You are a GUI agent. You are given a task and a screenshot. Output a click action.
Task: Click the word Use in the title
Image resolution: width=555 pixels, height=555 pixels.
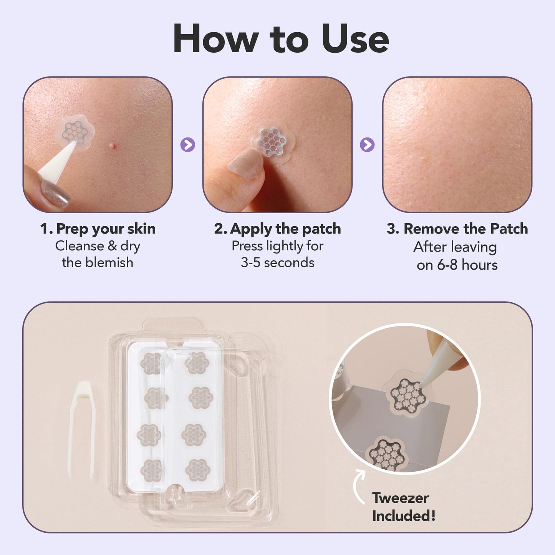355,39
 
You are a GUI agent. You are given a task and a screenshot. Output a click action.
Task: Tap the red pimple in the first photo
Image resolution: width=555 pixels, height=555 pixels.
113,146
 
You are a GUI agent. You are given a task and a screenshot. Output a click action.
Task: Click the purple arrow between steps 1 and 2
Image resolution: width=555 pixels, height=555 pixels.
187,145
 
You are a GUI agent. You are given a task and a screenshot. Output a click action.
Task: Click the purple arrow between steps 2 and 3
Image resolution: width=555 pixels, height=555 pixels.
367,145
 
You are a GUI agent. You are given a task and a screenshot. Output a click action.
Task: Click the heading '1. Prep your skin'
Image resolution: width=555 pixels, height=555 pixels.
98,229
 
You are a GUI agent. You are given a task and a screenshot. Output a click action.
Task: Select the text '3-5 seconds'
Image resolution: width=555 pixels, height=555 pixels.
277,263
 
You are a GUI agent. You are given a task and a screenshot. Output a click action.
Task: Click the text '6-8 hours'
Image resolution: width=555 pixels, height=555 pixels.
467,265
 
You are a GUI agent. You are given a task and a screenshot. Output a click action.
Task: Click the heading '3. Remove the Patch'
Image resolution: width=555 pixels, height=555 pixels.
457,229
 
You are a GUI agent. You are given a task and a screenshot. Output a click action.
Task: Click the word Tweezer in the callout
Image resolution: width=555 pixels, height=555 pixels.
400,498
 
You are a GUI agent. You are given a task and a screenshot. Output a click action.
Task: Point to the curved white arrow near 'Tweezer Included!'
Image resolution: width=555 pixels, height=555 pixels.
359,486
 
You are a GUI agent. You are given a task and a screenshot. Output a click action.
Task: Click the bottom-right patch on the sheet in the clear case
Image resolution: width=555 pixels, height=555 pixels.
199,470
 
